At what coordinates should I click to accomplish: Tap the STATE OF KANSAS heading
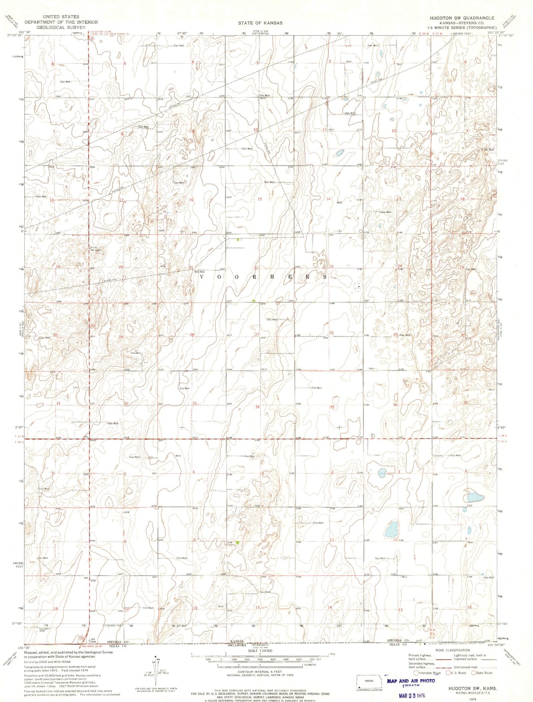click(x=260, y=23)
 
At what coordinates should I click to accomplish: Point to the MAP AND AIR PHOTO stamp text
click(x=411, y=681)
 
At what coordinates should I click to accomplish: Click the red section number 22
click(x=256, y=268)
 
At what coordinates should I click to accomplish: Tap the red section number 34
click(x=257, y=407)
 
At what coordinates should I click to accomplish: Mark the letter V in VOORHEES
click(x=202, y=276)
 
